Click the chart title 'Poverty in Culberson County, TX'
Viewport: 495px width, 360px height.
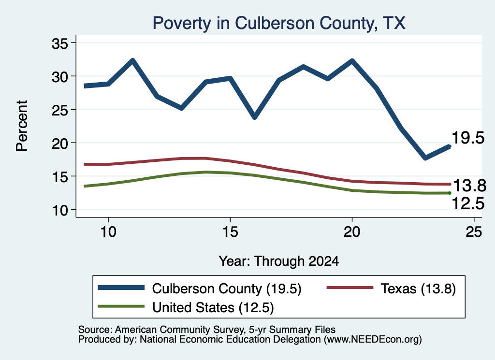click(279, 23)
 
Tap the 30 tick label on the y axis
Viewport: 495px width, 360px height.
click(60, 77)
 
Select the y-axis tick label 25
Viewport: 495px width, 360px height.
click(60, 110)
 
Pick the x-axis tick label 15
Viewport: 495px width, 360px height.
click(230, 232)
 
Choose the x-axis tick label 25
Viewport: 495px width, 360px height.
click(474, 232)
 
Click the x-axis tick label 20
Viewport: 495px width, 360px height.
click(352, 232)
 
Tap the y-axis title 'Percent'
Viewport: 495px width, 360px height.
click(22, 126)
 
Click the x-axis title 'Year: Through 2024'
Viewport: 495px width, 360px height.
click(279, 261)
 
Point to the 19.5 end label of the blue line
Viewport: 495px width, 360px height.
click(468, 138)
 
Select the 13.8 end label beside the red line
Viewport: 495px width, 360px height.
click(469, 186)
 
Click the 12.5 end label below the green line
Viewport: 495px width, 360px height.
click(468, 203)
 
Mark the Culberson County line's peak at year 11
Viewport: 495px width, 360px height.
click(132, 60)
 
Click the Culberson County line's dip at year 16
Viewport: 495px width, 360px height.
click(255, 117)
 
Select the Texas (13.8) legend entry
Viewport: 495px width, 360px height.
click(392, 288)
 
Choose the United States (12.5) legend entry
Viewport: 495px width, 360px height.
click(186, 307)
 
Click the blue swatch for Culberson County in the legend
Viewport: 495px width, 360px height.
click(121, 288)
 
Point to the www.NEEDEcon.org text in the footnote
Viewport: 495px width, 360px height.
click(373, 340)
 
